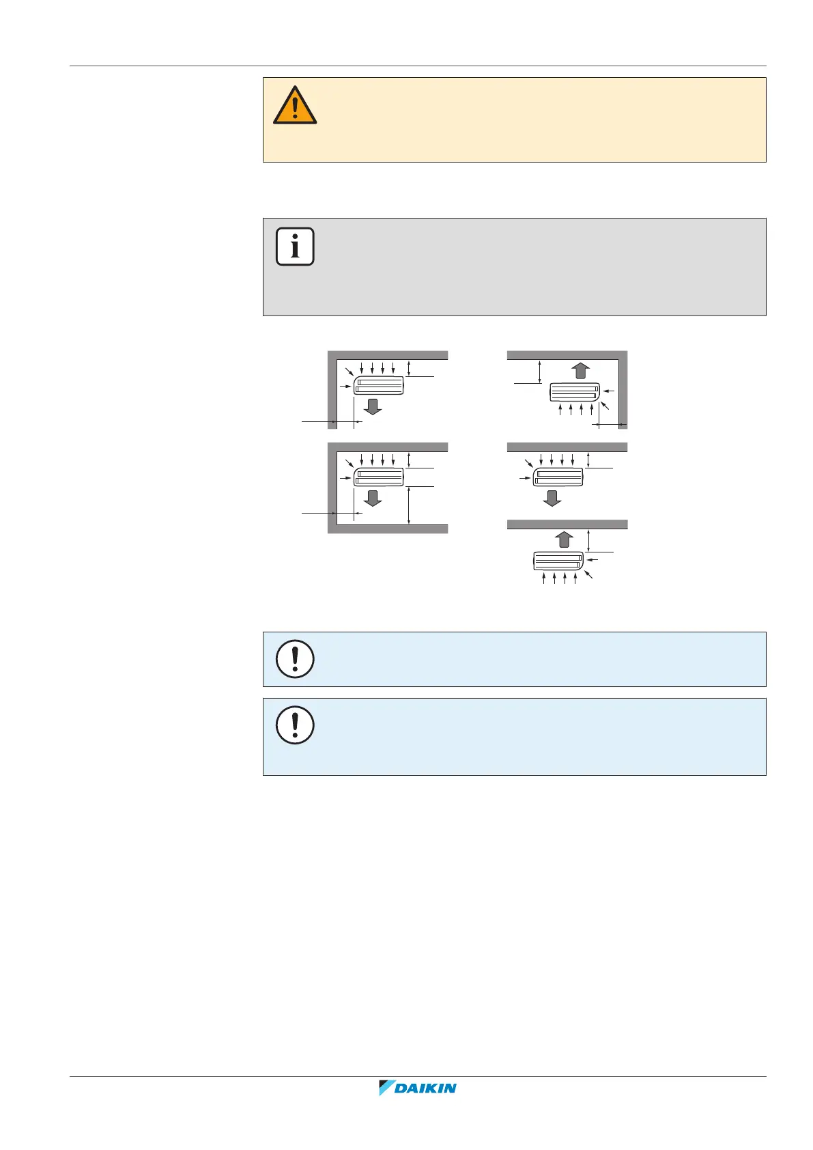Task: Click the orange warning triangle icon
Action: click(x=295, y=106)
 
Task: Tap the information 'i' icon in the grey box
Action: click(x=295, y=246)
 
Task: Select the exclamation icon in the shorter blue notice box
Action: click(x=295, y=658)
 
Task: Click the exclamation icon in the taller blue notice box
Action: click(x=295, y=725)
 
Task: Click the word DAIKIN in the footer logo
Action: click(x=426, y=1089)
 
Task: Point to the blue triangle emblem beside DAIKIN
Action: click(x=387, y=1088)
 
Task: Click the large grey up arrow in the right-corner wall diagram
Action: click(x=580, y=371)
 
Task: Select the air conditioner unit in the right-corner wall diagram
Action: click(x=575, y=392)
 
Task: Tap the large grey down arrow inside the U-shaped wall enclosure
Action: click(x=373, y=498)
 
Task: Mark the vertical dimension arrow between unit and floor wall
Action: click(x=409, y=505)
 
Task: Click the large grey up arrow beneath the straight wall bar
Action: click(x=563, y=539)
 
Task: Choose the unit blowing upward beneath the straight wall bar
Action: click(x=558, y=561)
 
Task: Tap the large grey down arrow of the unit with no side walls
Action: click(x=552, y=498)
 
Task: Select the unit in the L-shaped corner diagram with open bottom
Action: click(x=379, y=385)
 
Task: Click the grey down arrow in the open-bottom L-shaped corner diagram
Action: click(x=373, y=407)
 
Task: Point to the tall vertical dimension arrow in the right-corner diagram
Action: click(x=540, y=371)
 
